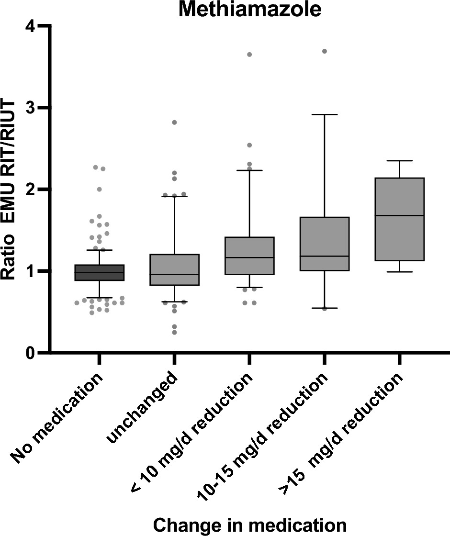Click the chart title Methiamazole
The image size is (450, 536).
point(249,10)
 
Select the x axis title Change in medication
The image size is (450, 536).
point(249,525)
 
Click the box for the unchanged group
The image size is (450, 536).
point(174,269)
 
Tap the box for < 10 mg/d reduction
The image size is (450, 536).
point(249,256)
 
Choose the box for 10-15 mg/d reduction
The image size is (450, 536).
point(325,244)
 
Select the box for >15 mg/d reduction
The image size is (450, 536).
point(400,219)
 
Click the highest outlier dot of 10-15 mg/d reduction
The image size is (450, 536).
point(325,51)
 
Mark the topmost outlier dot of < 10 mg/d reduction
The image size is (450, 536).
point(249,55)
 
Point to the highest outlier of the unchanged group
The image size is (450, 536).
point(174,123)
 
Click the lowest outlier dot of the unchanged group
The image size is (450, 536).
point(174,332)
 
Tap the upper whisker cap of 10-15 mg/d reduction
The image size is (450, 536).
point(325,115)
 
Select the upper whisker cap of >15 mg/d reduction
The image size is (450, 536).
point(400,161)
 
